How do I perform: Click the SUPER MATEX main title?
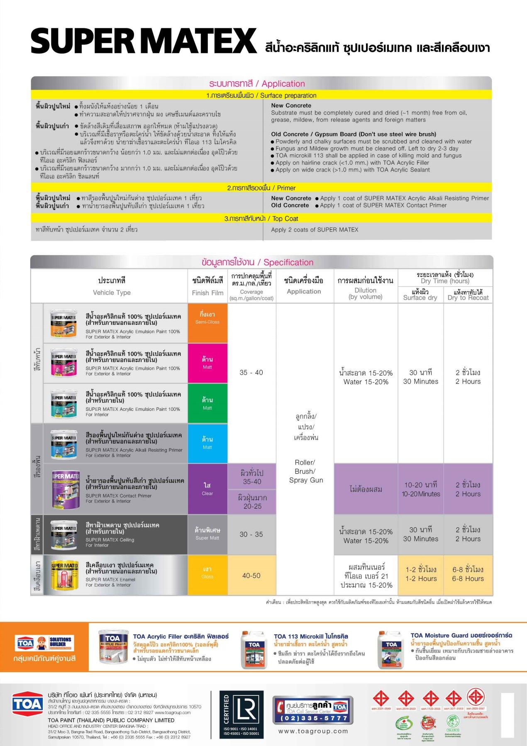144,41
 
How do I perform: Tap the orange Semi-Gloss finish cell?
207,323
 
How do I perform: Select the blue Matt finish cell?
207,443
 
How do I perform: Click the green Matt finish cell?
207,403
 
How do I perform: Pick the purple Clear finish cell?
207,489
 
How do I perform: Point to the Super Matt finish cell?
207,534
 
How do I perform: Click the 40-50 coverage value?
251,575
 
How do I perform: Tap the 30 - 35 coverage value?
251,534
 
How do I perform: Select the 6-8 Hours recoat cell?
468,574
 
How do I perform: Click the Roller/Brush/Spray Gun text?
306,471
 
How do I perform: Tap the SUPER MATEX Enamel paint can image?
64,575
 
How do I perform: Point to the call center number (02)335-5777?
311,718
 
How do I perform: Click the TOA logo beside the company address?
27,704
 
